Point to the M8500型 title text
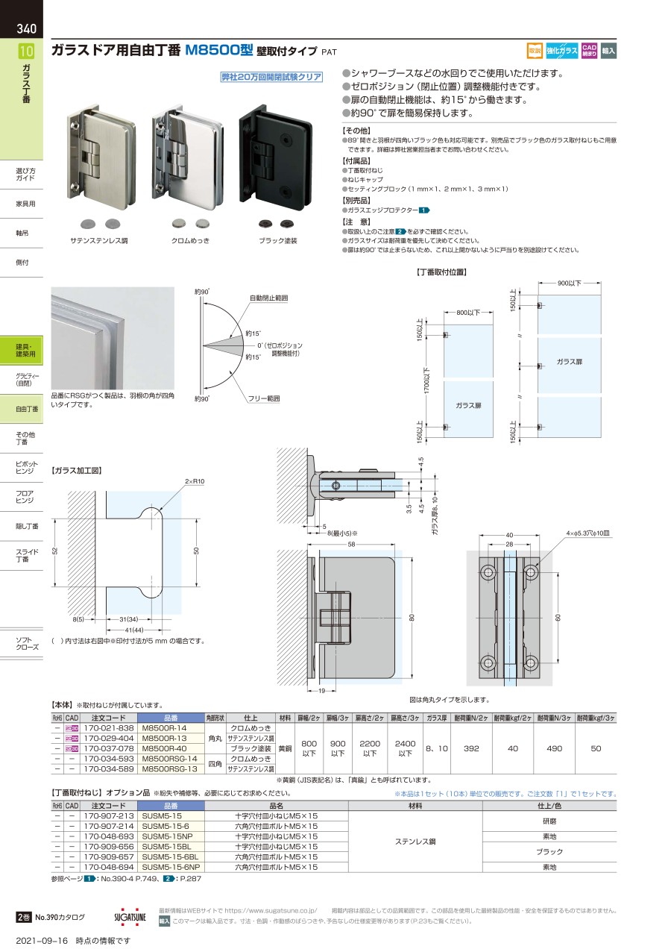pos(219,51)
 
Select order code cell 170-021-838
pos(108,727)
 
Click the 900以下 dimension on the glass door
pos(569,284)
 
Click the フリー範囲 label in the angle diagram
pos(264,399)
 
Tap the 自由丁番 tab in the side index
pos(27,409)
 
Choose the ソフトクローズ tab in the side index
pos(27,642)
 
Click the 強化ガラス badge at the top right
pos(561,51)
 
